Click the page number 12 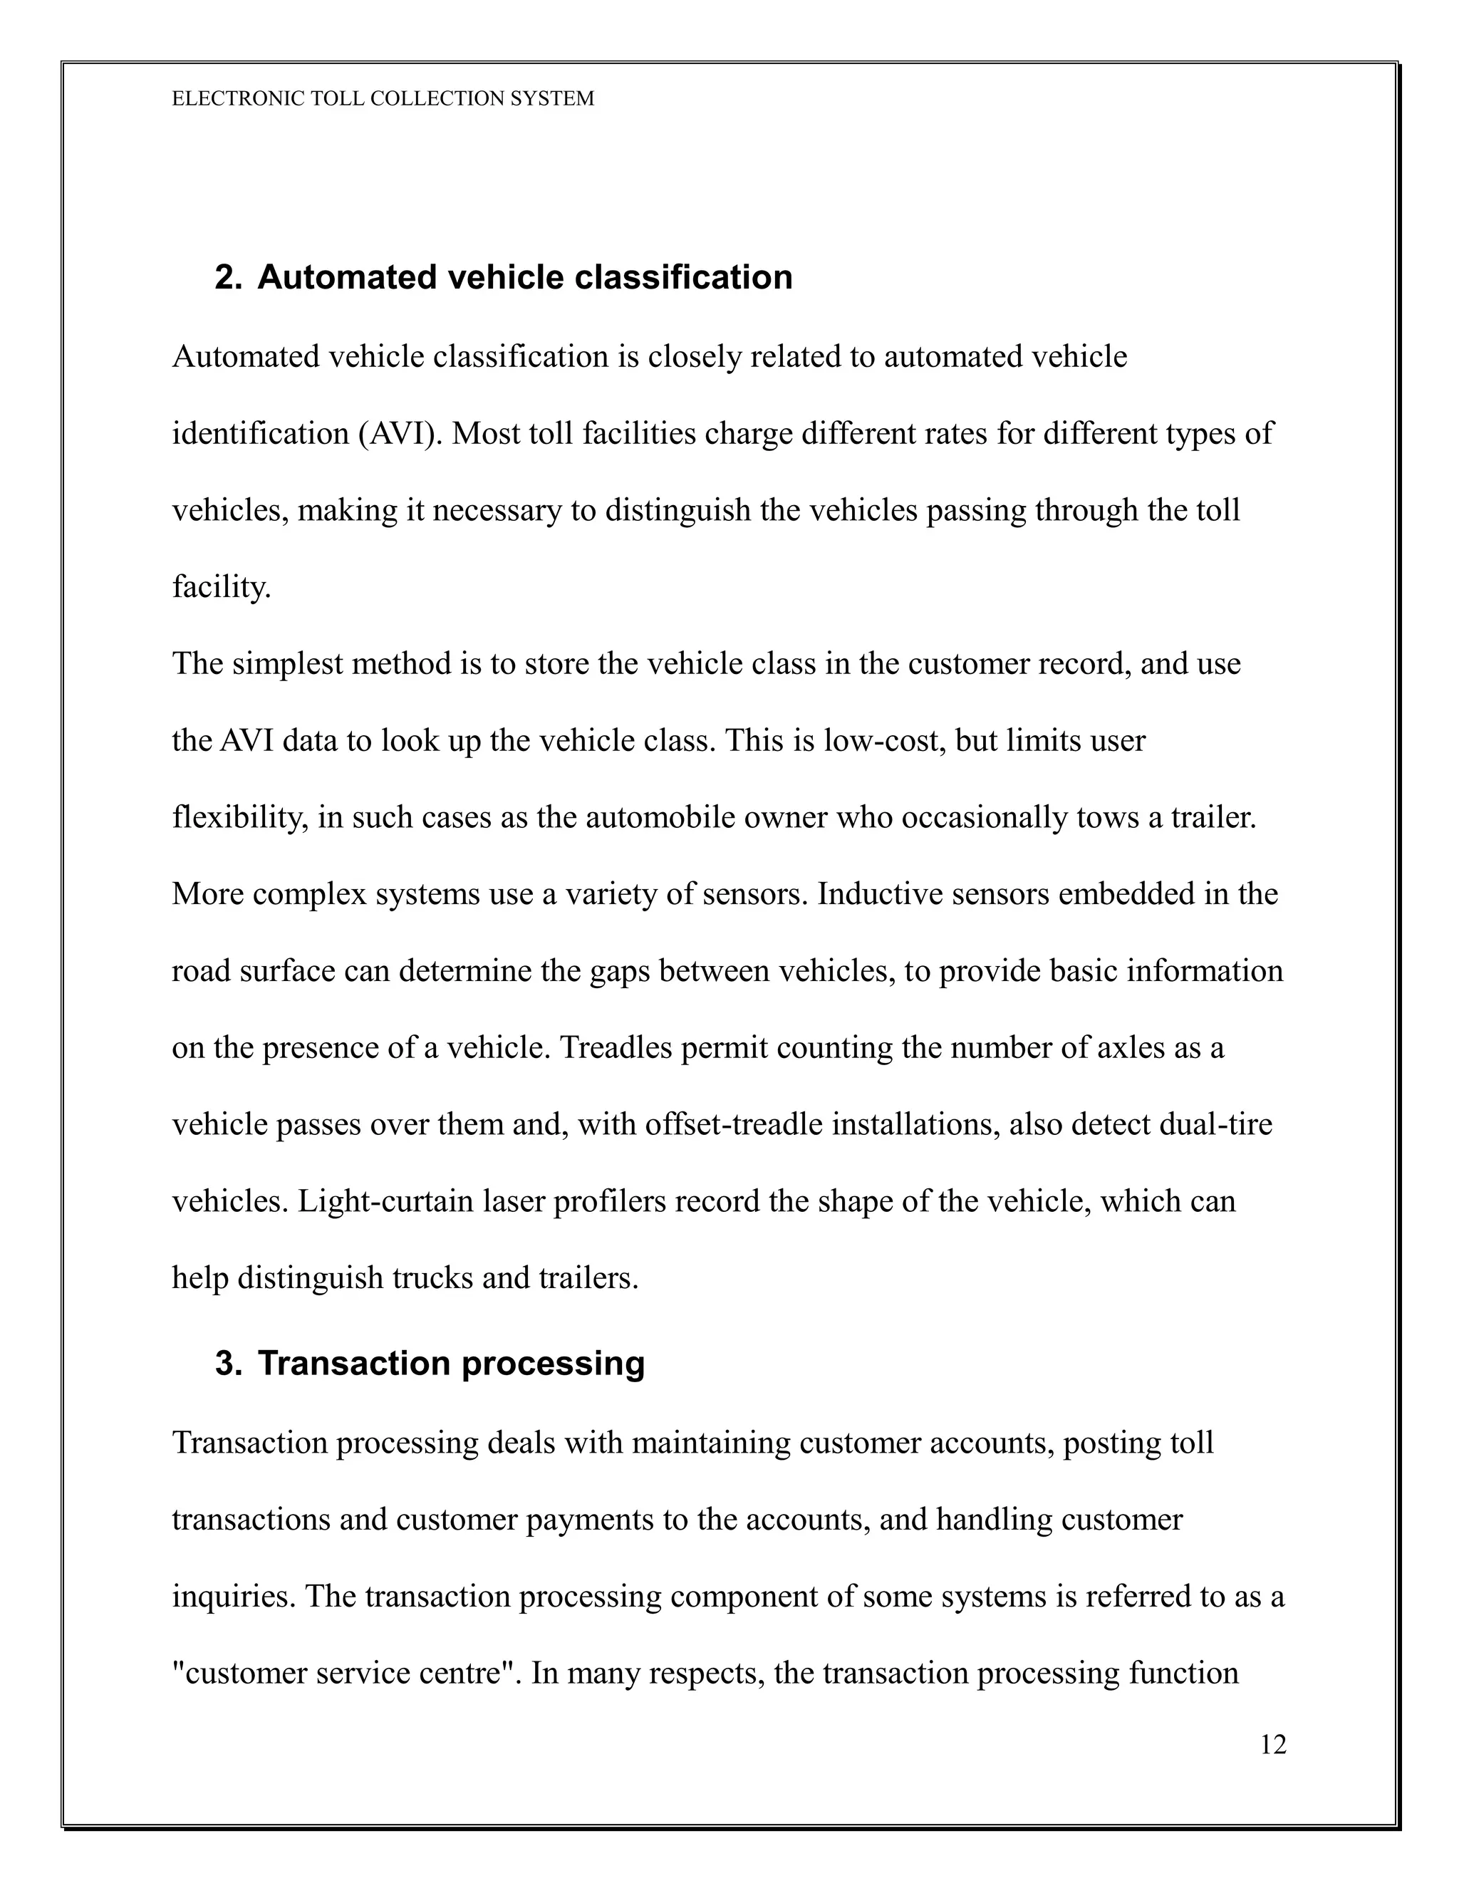pos(1272,1746)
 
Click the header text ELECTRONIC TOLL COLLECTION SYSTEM pos(383,98)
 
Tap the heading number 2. pos(227,277)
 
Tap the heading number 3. pos(227,1363)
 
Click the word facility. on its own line pos(222,587)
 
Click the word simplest pos(284,664)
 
